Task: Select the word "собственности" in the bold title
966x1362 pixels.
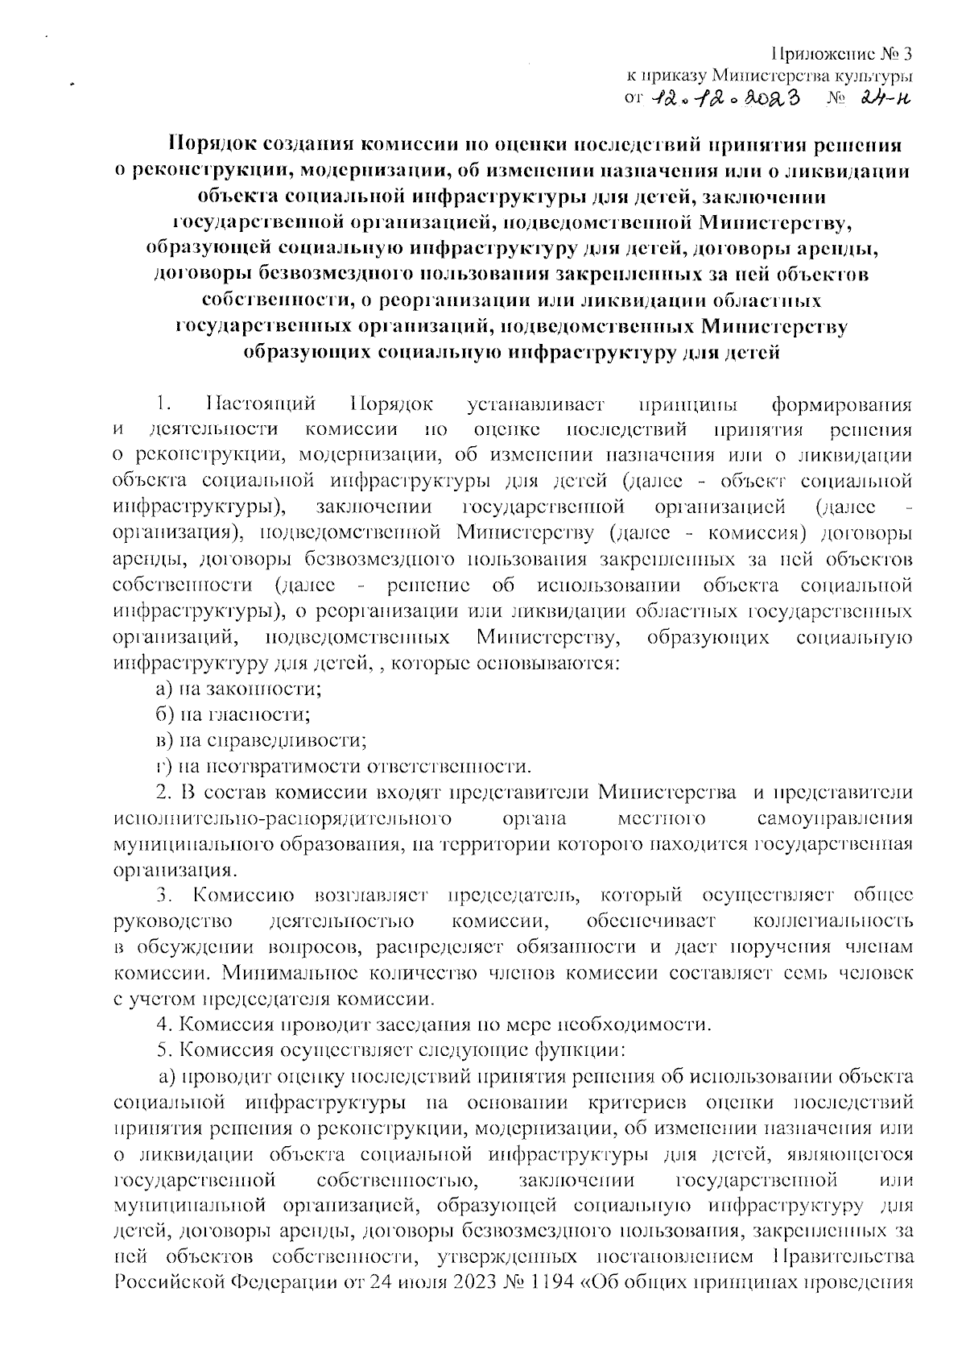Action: [x=271, y=301]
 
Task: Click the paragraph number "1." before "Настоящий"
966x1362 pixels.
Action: [x=163, y=403]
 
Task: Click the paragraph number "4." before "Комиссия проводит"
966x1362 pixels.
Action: [x=163, y=1025]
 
